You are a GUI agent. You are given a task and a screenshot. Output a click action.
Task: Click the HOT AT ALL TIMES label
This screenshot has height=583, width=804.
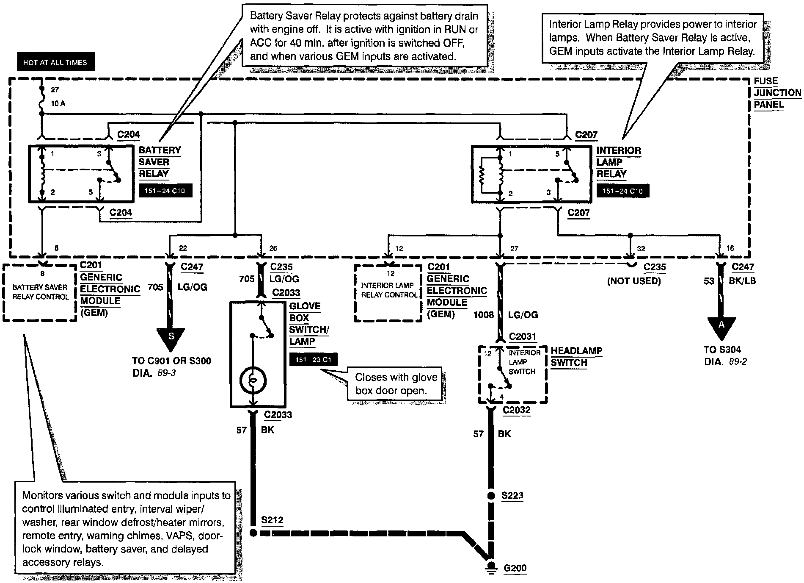click(55, 62)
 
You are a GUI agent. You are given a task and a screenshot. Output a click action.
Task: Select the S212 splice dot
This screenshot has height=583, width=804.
click(253, 533)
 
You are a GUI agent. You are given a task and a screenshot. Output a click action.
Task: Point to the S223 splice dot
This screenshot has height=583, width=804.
click(491, 495)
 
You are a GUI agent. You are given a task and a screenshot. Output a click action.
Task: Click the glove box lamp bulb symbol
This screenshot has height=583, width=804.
click(253, 380)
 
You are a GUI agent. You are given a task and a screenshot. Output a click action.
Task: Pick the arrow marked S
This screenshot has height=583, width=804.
click(171, 339)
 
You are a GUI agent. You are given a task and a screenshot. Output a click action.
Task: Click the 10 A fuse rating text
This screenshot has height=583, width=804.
click(58, 103)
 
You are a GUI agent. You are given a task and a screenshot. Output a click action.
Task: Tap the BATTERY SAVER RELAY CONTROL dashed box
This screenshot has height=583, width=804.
click(40, 292)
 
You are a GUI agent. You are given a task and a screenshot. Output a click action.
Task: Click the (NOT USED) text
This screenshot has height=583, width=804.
click(634, 281)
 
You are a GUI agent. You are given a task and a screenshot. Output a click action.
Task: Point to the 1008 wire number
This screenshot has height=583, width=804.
click(483, 315)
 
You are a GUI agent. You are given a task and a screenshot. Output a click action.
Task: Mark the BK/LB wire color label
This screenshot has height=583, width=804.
click(741, 280)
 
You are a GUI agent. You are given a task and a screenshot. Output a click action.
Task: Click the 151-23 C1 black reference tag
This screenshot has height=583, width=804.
click(313, 360)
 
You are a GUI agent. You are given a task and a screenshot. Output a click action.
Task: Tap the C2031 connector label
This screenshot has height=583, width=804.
click(523, 337)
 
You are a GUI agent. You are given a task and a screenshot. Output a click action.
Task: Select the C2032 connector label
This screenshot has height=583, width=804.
click(516, 410)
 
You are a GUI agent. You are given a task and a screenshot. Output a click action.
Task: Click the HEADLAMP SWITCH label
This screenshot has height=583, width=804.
click(576, 357)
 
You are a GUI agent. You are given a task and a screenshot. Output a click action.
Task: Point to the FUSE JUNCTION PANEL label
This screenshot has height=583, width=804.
click(777, 93)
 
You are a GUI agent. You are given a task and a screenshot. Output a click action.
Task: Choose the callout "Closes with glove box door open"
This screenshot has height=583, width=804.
click(396, 384)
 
